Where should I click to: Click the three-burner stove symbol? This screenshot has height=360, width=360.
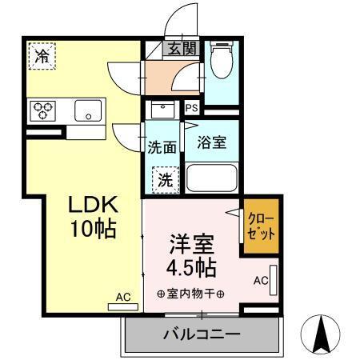pos(42,110)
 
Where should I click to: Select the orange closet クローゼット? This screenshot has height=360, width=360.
pos(262,229)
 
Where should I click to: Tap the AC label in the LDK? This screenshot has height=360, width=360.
pos(122,297)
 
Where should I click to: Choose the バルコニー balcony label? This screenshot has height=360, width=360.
pos(202,334)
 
